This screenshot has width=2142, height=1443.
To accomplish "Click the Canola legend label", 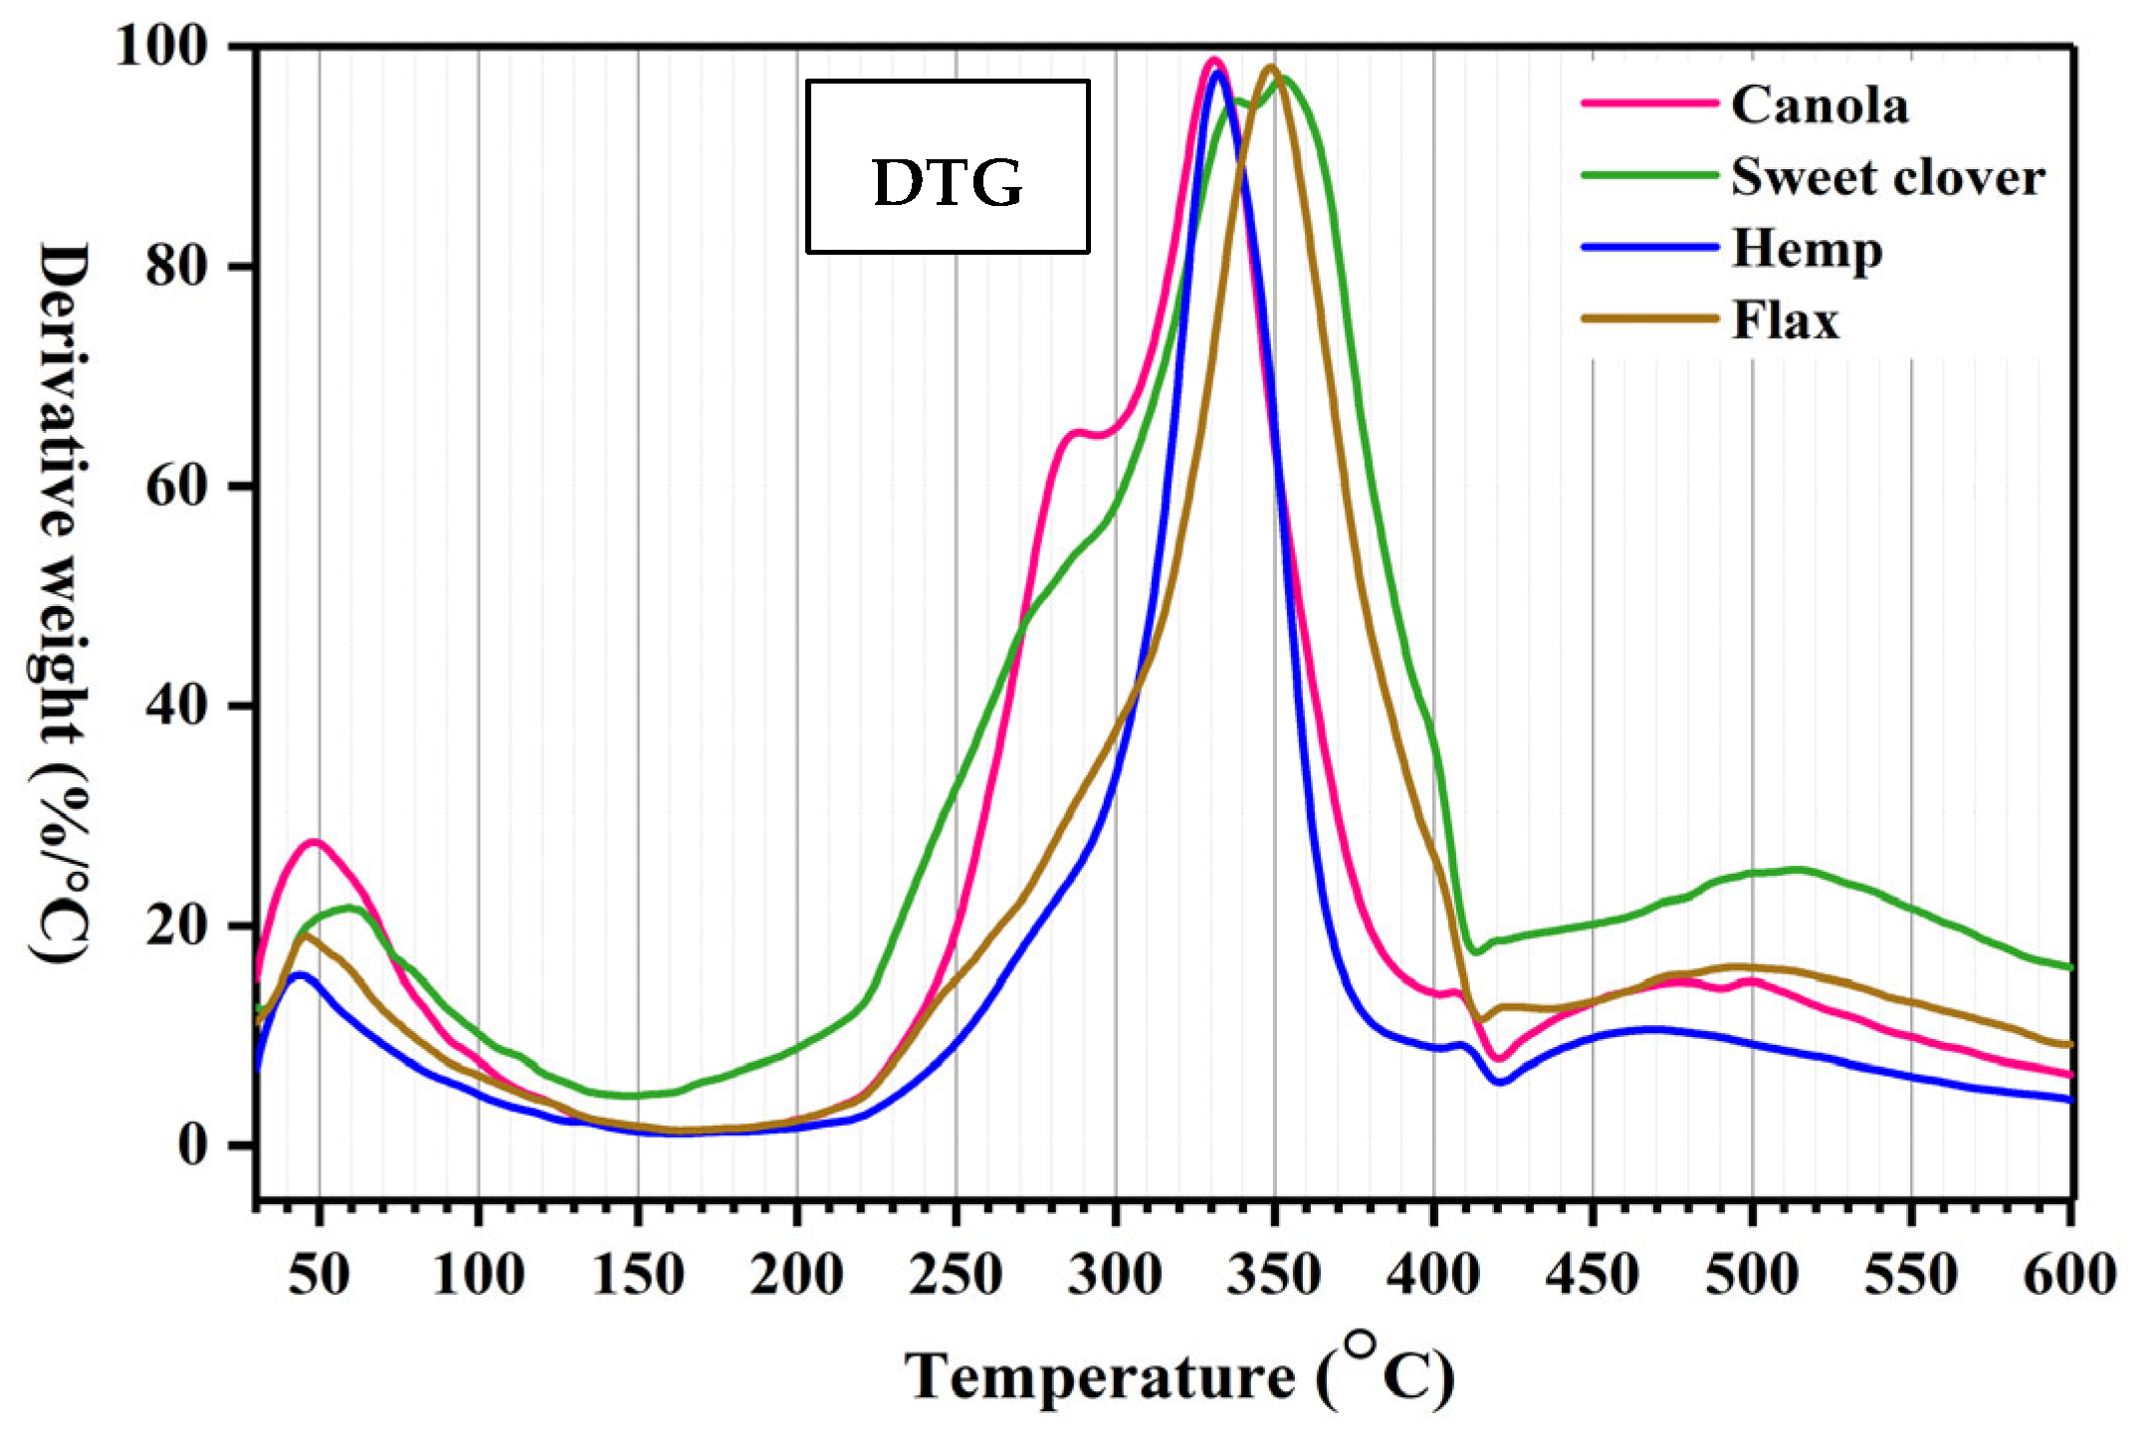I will pos(1820,104).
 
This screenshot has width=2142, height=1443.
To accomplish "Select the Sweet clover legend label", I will pos(1887,177).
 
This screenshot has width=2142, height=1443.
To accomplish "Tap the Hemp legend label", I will pos(1807,249).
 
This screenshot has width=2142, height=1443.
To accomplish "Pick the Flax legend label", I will pos(1785,320).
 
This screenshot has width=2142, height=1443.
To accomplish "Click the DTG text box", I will pos(948,167).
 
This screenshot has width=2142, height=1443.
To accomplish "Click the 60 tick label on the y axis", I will pos(176,487).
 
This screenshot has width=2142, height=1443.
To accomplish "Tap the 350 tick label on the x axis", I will pos(1274,1275).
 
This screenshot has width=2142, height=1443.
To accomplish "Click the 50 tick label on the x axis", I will pos(319,1275).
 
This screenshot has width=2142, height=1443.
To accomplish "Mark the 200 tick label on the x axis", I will pos(796,1275).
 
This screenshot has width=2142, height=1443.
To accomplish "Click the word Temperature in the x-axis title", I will pos(1100,1378).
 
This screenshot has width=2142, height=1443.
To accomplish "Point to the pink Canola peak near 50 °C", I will pos(315,842).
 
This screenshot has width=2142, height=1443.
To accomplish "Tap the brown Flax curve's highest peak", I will pos(1270,68).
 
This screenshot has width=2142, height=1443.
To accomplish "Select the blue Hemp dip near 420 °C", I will pos(1501,1082).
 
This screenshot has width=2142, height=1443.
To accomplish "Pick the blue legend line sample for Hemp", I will pos(1649,248).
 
